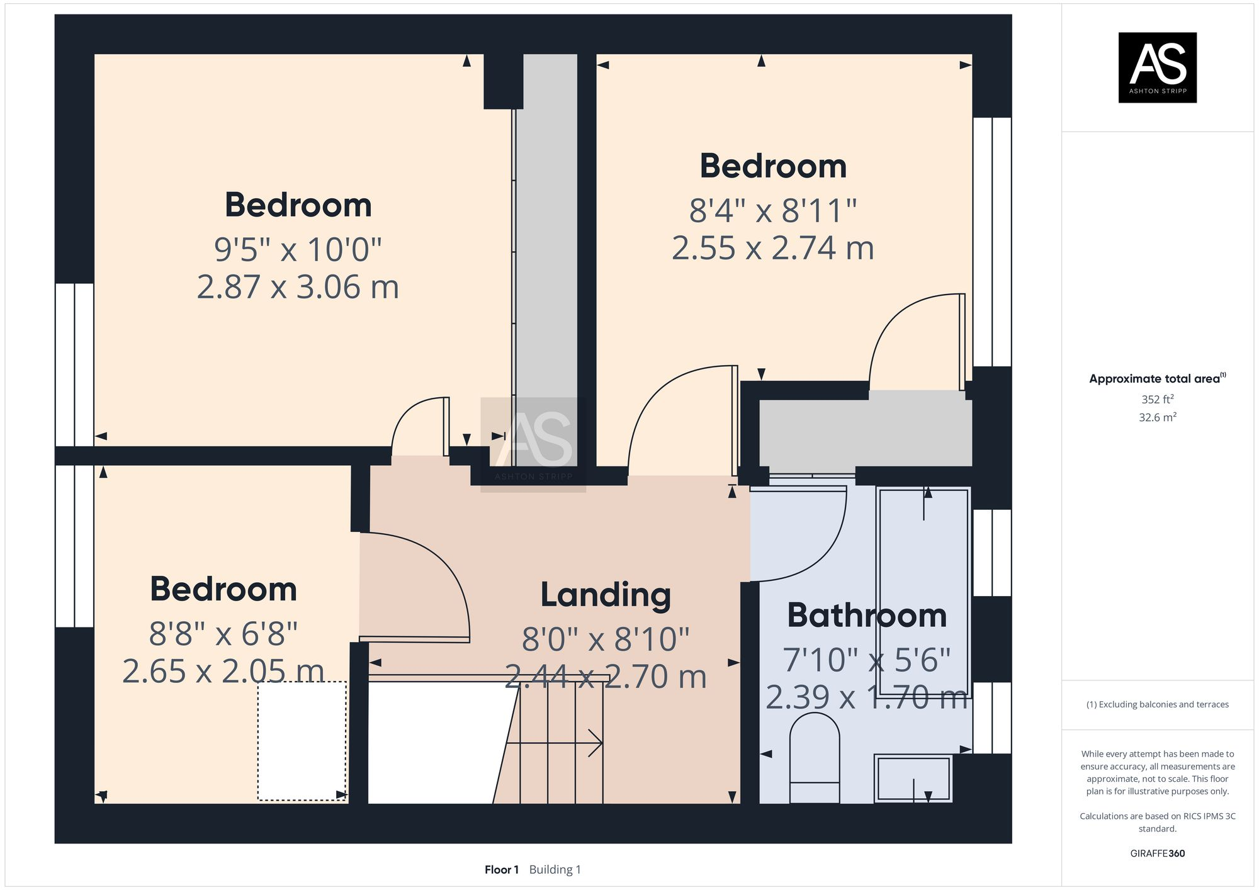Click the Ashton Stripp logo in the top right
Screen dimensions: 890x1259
[1157, 67]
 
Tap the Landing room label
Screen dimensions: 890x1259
[606, 595]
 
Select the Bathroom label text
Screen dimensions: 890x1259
[867, 616]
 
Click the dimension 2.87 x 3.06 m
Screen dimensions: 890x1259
[298, 287]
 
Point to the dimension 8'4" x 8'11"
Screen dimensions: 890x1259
[773, 211]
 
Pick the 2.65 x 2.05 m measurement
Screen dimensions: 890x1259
[223, 672]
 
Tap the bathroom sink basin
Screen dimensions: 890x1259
[913, 779]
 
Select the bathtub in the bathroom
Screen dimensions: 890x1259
[923, 592]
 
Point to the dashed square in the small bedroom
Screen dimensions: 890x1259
[302, 741]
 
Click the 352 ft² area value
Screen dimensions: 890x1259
[1157, 399]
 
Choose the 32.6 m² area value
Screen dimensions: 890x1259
[1157, 417]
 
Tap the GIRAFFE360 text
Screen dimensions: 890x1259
[1157, 853]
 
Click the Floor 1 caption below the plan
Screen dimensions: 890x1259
[501, 870]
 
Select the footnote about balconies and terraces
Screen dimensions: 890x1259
[1157, 704]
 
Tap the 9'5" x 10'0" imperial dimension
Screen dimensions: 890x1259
[298, 250]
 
